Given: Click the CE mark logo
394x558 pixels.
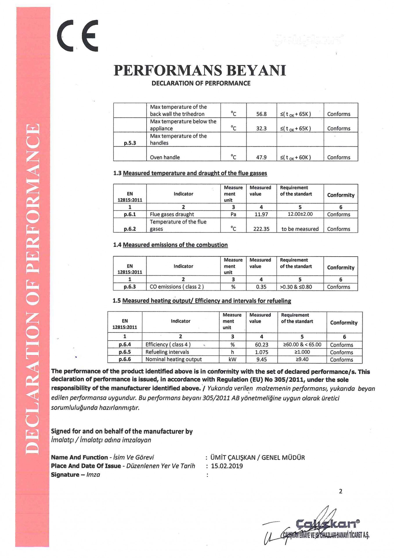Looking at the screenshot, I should click(x=78, y=35).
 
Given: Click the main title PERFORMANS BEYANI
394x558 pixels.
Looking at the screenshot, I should click(x=200, y=70).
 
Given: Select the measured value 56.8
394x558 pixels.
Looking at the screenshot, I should click(x=261, y=114).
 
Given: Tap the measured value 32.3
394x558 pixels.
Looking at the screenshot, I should click(x=261, y=128).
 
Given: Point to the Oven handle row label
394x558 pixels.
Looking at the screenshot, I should click(x=165, y=157).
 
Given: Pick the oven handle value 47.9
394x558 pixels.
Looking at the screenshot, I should click(x=261, y=157).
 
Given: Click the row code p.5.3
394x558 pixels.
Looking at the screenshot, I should click(x=130, y=143).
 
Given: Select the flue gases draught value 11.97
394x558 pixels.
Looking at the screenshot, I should click(x=261, y=214).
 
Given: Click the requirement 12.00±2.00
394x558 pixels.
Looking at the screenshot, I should click(x=300, y=214).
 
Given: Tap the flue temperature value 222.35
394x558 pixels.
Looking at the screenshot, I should click(x=261, y=229).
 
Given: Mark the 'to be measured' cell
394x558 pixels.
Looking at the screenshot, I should click(x=300, y=229).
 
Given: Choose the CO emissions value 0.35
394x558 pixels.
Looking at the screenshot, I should click(x=261, y=287).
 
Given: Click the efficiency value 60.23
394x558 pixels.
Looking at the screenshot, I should click(x=261, y=345).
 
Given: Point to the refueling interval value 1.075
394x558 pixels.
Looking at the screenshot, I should click(x=261, y=352).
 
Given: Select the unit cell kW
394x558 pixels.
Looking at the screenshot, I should click(x=232, y=360).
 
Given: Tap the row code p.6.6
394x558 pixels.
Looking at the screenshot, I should click(x=125, y=359).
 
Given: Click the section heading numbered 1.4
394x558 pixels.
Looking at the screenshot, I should click(x=170, y=245).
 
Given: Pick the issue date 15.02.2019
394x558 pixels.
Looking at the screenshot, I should click(x=227, y=466).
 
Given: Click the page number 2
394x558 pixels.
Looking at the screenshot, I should click(x=340, y=491).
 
